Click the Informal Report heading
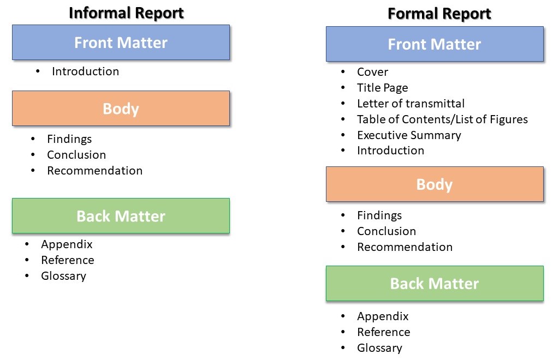[x=126, y=13]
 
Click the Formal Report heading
[x=439, y=14]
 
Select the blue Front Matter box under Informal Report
[x=121, y=43]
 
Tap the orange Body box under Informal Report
[x=121, y=109]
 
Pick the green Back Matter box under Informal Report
[x=121, y=216]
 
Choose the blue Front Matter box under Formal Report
[x=435, y=44]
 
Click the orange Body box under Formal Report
[x=435, y=184]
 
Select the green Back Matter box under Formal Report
[x=435, y=284]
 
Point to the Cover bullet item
[x=372, y=72]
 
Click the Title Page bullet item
[x=382, y=88]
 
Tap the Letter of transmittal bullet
[x=411, y=104]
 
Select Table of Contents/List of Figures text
[x=442, y=119]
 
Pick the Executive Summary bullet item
[x=409, y=135]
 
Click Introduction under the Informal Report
[x=85, y=71]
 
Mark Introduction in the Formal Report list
[x=390, y=151]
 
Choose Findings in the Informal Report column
[x=69, y=139]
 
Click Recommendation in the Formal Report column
[x=405, y=247]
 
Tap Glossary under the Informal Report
[x=63, y=276]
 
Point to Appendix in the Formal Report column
[x=383, y=316]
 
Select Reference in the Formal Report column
[x=383, y=332]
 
